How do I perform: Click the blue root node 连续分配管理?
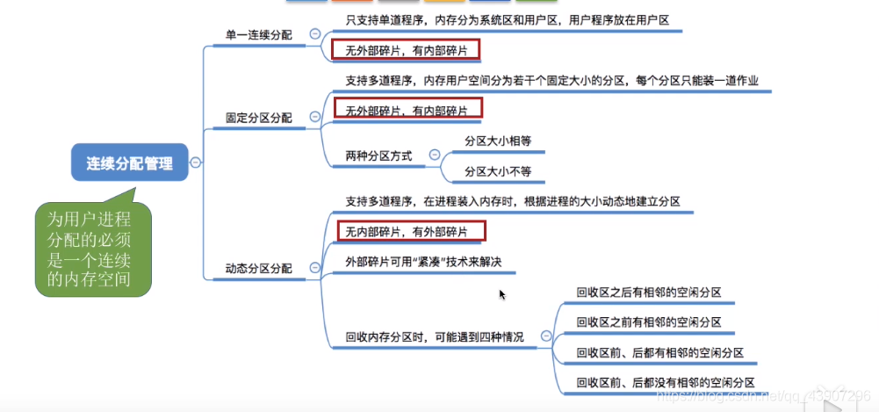pyautogui.click(x=130, y=163)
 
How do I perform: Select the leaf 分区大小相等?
pyautogui.click(x=498, y=140)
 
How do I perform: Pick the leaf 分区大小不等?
pyautogui.click(x=498, y=170)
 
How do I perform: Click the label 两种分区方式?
pyautogui.click(x=378, y=155)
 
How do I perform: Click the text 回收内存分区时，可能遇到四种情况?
pyautogui.click(x=436, y=336)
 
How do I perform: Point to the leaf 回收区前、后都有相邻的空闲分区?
pyautogui.click(x=659, y=352)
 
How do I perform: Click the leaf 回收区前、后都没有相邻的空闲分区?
pyautogui.click(x=665, y=382)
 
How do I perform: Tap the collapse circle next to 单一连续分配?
pyautogui.click(x=314, y=33)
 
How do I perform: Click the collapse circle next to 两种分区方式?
pyautogui.click(x=434, y=155)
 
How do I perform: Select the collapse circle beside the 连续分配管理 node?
pyautogui.click(x=195, y=163)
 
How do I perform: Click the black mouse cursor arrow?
pyautogui.click(x=502, y=295)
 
